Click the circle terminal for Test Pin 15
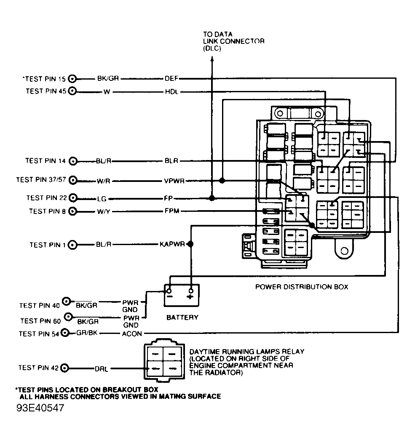[72, 78]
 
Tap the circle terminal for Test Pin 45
[72, 91]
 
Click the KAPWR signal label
[172, 244]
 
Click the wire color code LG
[101, 198]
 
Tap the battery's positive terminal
[191, 291]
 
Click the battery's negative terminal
[169, 291]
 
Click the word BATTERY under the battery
[182, 317]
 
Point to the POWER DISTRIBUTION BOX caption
[302, 287]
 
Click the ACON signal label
[132, 334]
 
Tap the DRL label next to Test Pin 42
[102, 368]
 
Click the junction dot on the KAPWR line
[190, 244]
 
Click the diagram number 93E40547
[41, 409]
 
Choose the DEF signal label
[171, 78]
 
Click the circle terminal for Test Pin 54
[65, 333]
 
